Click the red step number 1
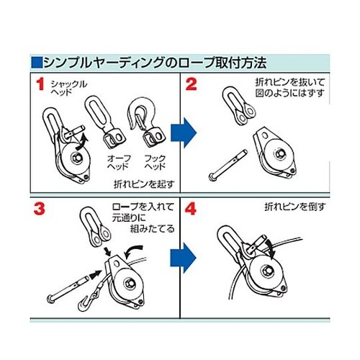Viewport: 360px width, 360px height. pos(40,84)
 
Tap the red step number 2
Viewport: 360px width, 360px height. pos(192,84)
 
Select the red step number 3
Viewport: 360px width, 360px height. pos(40,209)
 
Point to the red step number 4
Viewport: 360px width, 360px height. pos(191,209)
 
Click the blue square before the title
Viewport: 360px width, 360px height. pos(37,63)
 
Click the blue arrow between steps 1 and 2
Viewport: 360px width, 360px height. pos(184,132)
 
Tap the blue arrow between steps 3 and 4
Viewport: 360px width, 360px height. pos(184,258)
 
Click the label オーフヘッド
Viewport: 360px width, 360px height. pos(119,162)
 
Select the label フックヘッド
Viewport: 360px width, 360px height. pos(155,162)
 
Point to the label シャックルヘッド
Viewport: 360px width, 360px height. pos(68,88)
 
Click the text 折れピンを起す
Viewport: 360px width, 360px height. pos(144,184)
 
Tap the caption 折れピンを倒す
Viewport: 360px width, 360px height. pos(294,207)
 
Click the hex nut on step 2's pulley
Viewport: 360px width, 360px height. pos(279,153)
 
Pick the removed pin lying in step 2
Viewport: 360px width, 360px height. pos(228,165)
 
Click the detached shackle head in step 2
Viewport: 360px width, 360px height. pos(239,106)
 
